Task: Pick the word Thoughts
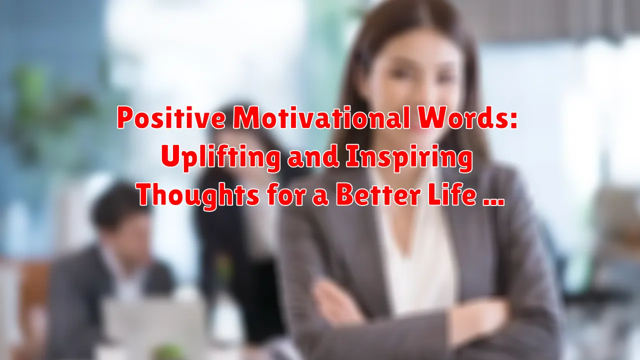198,196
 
